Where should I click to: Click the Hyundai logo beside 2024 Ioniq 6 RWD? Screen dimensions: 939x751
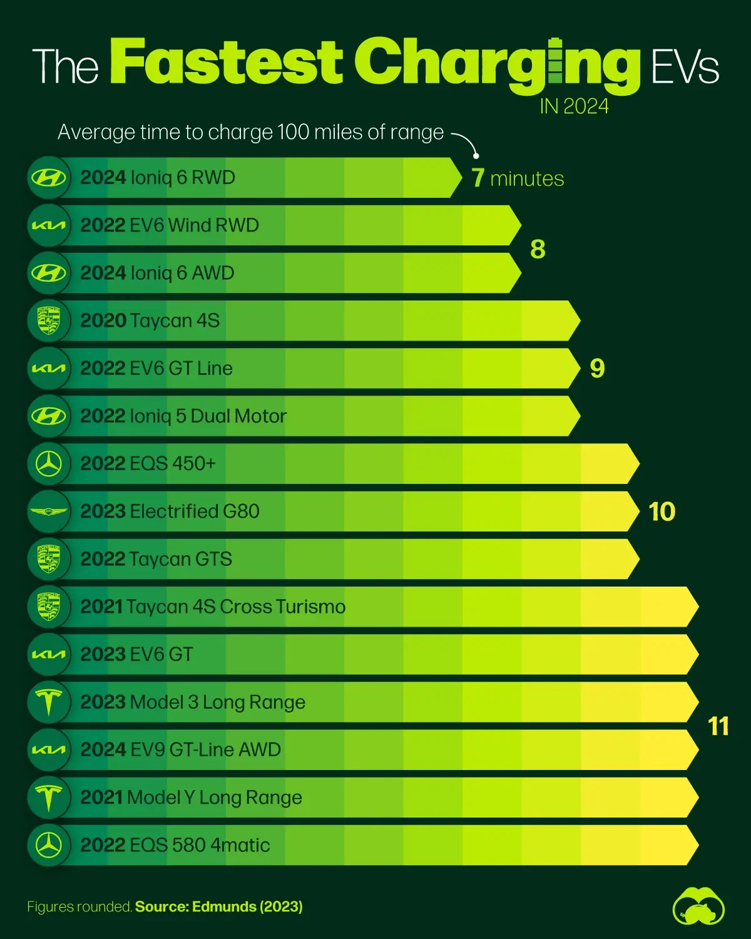point(49,178)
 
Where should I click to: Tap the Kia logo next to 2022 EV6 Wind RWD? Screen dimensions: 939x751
point(49,225)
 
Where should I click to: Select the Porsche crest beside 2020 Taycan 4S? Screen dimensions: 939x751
point(49,321)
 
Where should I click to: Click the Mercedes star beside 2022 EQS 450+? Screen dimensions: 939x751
point(49,464)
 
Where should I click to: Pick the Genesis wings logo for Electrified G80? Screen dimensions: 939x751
point(49,511)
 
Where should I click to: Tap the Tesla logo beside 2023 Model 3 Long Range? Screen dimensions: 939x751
point(49,702)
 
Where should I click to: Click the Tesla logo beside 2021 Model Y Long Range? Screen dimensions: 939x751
point(49,798)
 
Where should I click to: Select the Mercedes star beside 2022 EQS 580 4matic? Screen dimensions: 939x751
point(49,845)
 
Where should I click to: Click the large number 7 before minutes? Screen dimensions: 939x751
point(478,178)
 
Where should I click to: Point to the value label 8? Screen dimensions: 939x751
point(538,249)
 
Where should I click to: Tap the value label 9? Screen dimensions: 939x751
point(597,368)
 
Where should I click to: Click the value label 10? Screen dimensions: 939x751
point(662,511)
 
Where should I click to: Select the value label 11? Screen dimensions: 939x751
point(718,726)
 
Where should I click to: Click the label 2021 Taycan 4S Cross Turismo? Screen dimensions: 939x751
point(213,607)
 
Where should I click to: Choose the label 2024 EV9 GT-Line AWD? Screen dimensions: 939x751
point(180,749)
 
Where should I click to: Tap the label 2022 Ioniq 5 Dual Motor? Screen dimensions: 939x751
point(183,416)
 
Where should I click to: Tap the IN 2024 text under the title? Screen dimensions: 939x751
point(574,106)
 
